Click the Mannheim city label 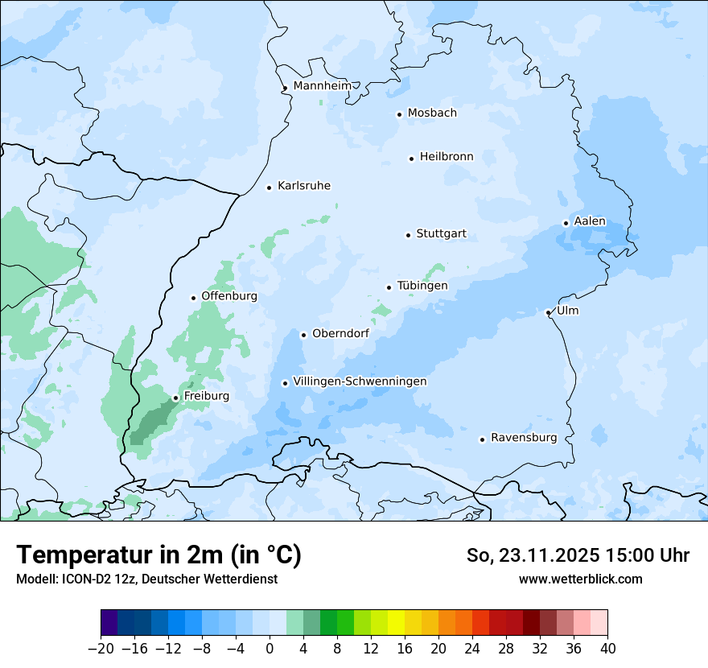pos(322,86)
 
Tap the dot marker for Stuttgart pos(408,235)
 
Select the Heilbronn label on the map pos(447,157)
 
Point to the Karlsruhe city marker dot pos(270,188)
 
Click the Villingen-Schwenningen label pos(360,381)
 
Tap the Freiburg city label pos(206,396)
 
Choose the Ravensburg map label pos(524,438)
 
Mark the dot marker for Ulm pos(548,312)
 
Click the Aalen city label pos(590,221)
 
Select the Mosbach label pos(432,113)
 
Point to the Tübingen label pos(422,286)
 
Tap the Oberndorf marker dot pos(303,335)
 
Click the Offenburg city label pos(229,296)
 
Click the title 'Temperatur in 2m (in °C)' pos(158,555)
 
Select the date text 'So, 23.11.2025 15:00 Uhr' pos(578,555)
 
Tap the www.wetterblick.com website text pos(580,579)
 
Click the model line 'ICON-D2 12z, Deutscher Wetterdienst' pos(146,579)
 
